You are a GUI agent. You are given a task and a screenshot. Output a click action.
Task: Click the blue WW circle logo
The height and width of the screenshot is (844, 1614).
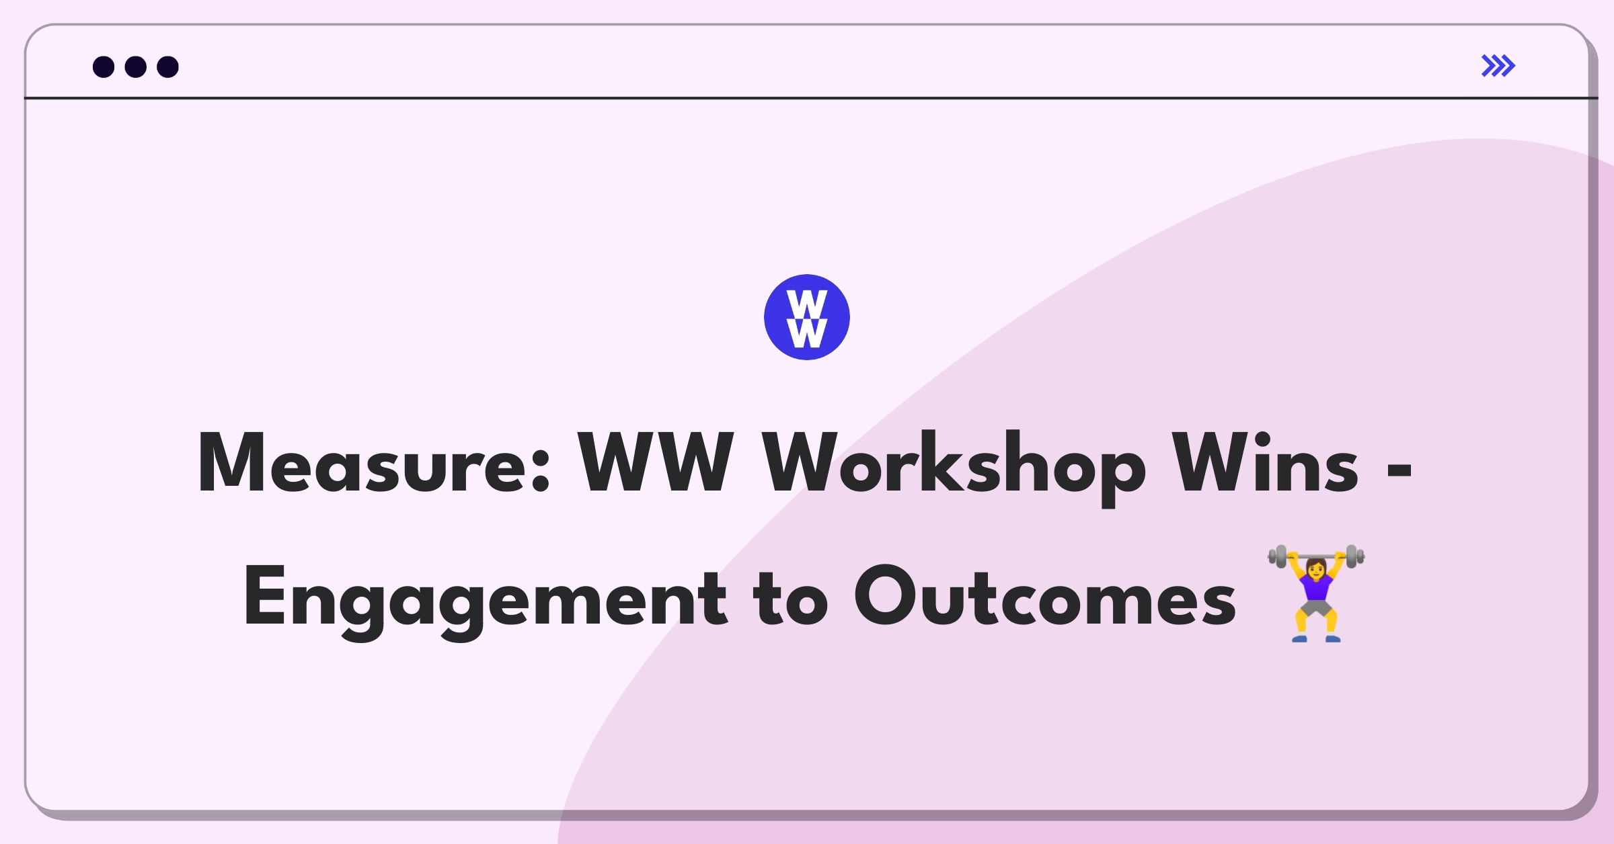pyautogui.click(x=807, y=317)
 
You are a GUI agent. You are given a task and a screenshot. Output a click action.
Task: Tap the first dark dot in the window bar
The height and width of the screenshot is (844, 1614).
pyautogui.click(x=104, y=67)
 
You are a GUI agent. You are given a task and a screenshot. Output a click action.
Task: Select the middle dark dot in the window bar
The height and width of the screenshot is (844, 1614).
pyautogui.click(x=136, y=67)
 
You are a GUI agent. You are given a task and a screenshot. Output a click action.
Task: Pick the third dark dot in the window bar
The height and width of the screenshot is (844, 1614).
pyautogui.click(x=168, y=67)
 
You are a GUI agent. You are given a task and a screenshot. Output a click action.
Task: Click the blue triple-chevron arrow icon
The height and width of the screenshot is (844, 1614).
pyautogui.click(x=1498, y=66)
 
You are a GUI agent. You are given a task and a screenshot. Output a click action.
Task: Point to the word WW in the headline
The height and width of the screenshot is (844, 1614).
pyautogui.click(x=656, y=463)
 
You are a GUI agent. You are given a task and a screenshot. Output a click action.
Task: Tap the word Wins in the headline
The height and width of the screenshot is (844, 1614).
pyautogui.click(x=1265, y=463)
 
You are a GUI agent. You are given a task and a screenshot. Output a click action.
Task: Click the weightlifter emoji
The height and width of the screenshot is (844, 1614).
pyautogui.click(x=1316, y=593)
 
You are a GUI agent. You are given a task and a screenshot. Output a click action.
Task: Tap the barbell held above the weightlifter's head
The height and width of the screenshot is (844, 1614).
pyautogui.click(x=1316, y=556)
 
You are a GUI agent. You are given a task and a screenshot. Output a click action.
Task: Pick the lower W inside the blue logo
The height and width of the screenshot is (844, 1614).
pyautogui.click(x=807, y=333)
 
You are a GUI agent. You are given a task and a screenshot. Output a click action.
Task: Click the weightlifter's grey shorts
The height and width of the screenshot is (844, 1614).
pyautogui.click(x=1316, y=608)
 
